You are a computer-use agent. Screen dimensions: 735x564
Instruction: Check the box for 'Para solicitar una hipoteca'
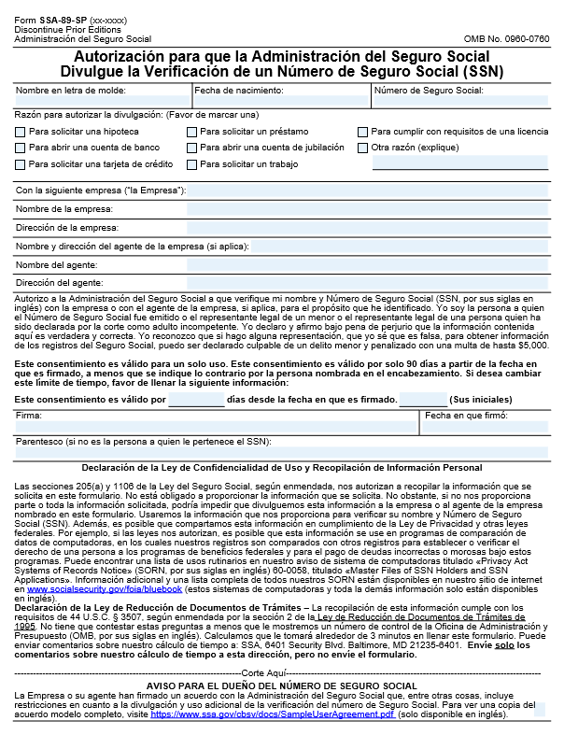point(21,133)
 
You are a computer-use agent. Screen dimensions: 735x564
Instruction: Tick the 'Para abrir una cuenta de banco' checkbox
point(21,148)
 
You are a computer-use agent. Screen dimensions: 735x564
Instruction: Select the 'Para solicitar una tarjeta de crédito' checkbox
point(21,164)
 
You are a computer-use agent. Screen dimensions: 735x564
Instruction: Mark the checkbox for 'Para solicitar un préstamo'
point(191,133)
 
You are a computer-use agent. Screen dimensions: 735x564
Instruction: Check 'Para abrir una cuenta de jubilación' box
point(191,148)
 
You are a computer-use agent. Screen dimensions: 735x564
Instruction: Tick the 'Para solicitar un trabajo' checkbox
point(191,164)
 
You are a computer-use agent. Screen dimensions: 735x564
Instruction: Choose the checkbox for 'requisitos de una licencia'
point(363,133)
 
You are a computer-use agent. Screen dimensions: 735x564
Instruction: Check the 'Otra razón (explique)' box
point(363,148)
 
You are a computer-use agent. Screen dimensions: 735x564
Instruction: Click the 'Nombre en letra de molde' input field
point(102,101)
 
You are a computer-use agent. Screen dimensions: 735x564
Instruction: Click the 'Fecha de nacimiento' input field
point(281,101)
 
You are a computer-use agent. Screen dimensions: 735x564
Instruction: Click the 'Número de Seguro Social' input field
point(460,101)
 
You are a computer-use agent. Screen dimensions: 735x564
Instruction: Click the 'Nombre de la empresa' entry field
point(367,209)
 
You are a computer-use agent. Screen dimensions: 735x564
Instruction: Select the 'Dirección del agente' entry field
point(367,282)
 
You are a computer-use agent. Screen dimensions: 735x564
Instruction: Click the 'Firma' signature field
point(216,427)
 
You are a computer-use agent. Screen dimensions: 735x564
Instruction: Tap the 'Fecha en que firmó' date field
point(485,427)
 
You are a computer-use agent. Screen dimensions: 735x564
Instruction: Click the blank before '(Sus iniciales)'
point(422,400)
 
